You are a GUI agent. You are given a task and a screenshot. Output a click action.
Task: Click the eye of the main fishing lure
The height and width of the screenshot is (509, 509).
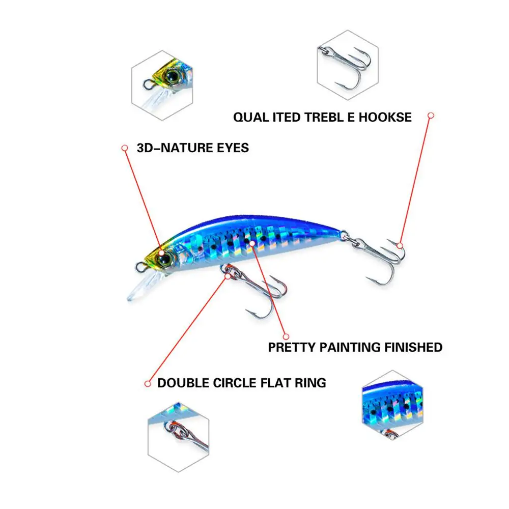coord(166,259)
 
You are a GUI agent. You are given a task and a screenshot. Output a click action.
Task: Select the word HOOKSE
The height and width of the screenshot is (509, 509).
coord(385,117)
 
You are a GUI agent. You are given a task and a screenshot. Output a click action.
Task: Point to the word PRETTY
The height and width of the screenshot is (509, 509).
coord(292,348)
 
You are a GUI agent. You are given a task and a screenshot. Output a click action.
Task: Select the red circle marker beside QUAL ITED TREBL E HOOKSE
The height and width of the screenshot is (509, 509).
coord(431,116)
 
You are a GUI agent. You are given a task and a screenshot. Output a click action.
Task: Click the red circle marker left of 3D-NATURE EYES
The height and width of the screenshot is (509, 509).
coord(124,148)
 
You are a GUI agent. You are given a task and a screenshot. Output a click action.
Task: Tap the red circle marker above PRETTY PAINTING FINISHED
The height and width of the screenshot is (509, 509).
coord(286,336)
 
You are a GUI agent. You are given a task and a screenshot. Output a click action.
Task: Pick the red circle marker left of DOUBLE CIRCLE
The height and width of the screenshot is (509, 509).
coord(148,383)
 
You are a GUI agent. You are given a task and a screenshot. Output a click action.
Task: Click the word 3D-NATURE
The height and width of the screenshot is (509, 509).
coord(173,148)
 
